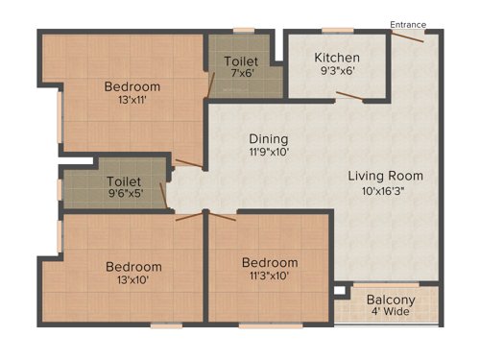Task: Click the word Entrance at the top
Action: coord(408,24)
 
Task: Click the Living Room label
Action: coord(385,176)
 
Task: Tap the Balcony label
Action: coord(389,300)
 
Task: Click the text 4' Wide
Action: coord(389,313)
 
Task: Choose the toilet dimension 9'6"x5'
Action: coord(126,194)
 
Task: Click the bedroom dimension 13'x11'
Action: coord(132,100)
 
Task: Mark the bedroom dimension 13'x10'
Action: coord(133,279)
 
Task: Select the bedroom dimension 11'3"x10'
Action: coord(269,276)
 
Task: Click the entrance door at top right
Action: coord(409,37)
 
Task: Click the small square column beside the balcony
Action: coord(337,288)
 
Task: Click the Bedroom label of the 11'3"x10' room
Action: coord(269,262)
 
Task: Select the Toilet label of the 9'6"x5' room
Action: coord(126,180)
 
